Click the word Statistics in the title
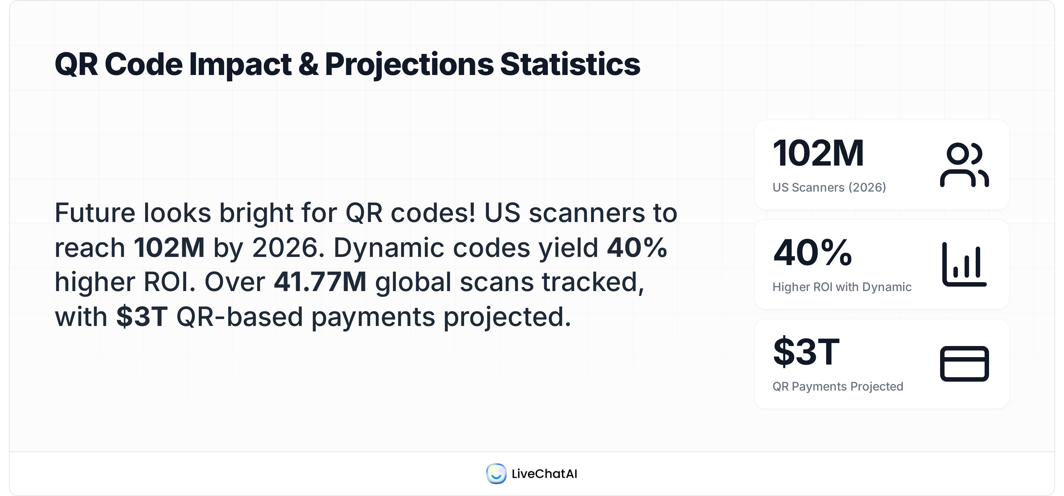tap(569, 65)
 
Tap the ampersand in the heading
tap(308, 65)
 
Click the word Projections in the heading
tap(409, 65)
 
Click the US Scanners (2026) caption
tap(829, 187)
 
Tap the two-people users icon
tap(964, 165)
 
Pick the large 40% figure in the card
tap(812, 252)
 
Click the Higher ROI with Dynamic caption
tap(842, 287)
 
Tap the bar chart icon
tap(964, 265)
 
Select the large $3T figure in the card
tap(806, 352)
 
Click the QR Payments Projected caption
tap(838, 386)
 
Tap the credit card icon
tap(964, 364)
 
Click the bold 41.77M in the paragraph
tap(320, 282)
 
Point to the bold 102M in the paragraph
tap(169, 248)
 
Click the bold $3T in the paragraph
tap(142, 317)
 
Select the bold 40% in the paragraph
tap(637, 248)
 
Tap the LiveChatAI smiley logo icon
tap(496, 473)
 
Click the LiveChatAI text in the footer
tap(544, 474)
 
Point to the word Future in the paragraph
tap(95, 213)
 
